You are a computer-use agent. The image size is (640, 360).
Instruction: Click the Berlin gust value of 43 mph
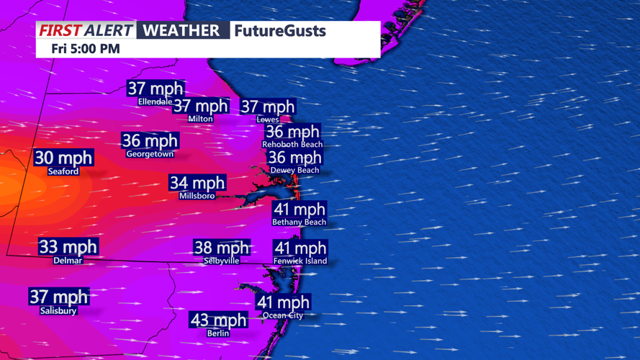pyautogui.click(x=218, y=320)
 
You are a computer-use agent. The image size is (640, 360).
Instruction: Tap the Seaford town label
pyautogui.click(x=63, y=171)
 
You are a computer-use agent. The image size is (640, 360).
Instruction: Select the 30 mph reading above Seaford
pyautogui.click(x=63, y=158)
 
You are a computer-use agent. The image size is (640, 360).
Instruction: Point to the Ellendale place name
pyautogui.click(x=156, y=102)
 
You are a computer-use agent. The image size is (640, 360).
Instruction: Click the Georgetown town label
pyautogui.click(x=150, y=154)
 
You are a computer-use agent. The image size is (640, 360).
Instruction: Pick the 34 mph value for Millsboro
pyautogui.click(x=197, y=183)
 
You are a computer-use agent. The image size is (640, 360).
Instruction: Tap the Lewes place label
pyautogui.click(x=268, y=120)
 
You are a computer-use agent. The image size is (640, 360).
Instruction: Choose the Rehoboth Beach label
pyautogui.click(x=292, y=144)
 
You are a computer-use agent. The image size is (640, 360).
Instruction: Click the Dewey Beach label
pyautogui.click(x=294, y=170)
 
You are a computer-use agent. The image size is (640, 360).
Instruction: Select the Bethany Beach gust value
pyautogui.click(x=299, y=210)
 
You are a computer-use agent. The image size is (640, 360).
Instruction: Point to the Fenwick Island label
pyautogui.click(x=300, y=261)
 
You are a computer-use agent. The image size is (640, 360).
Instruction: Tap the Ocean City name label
pyautogui.click(x=283, y=315)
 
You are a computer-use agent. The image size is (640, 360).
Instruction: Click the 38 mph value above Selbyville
pyautogui.click(x=222, y=248)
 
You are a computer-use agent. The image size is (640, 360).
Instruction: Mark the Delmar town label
pyautogui.click(x=68, y=261)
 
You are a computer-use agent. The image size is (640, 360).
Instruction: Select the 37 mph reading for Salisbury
pyautogui.click(x=58, y=297)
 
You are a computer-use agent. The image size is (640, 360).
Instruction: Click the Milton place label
pyautogui.click(x=200, y=119)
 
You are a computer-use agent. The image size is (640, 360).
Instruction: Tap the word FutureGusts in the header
pyautogui.click(x=279, y=31)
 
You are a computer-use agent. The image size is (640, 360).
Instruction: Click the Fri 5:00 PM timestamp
pyautogui.click(x=86, y=49)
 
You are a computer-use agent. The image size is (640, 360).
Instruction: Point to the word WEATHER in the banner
pyautogui.click(x=181, y=30)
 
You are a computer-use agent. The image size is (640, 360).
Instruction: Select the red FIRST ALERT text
pyautogui.click(x=86, y=30)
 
